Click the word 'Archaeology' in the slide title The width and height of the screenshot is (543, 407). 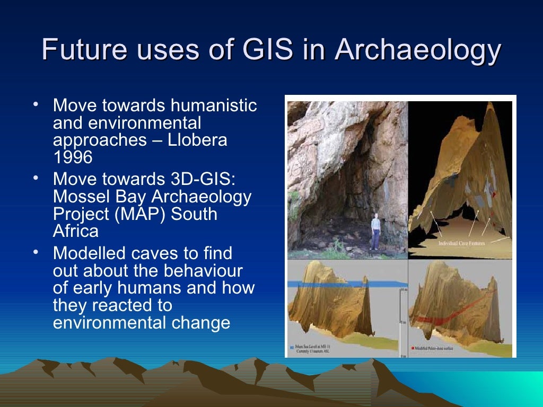pos(418,51)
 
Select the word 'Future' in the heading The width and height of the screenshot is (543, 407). pos(84,51)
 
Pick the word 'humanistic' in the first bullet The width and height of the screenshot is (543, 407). pos(214,106)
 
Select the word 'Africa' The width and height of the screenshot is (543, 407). pos(76,231)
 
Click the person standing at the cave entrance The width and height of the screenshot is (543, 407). pos(375,230)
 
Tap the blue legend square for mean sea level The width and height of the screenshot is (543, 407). pos(293,348)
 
